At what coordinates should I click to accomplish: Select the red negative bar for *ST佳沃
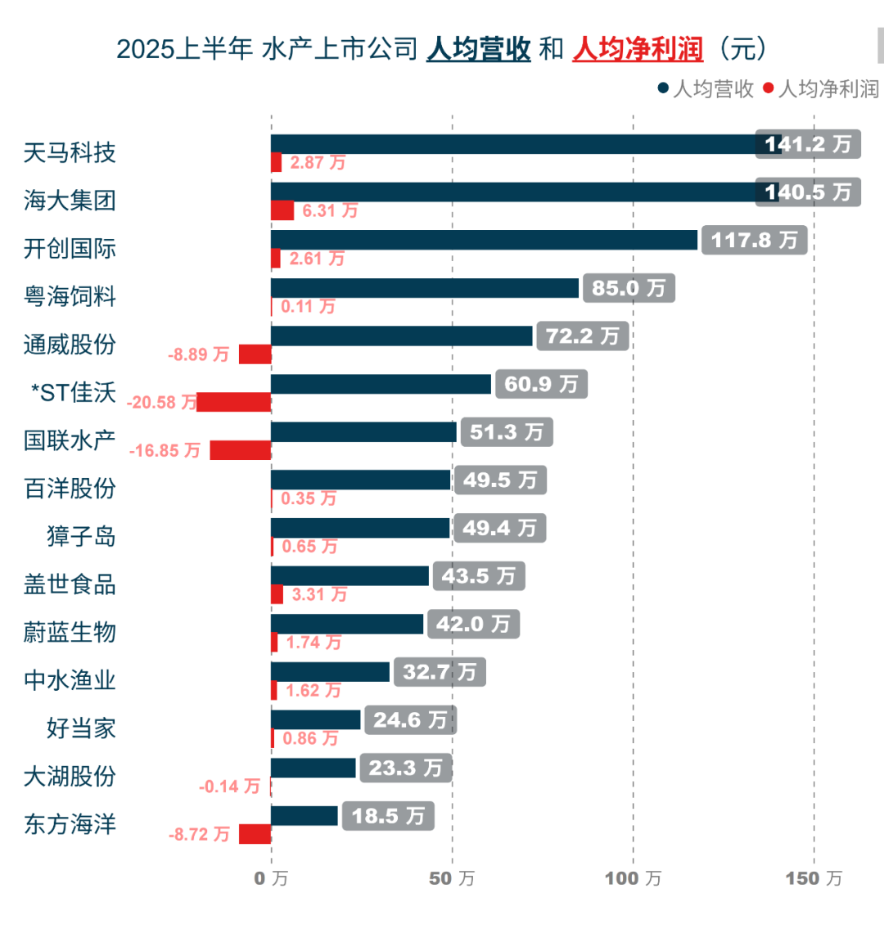pos(234,402)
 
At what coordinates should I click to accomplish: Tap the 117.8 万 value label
pos(754,240)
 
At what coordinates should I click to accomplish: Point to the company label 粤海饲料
pos(70,296)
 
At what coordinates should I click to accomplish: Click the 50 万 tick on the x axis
pos(452,878)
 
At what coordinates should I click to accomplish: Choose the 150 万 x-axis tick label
pos(814,878)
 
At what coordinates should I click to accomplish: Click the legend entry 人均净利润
pos(822,89)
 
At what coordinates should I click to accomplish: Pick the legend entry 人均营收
pos(706,89)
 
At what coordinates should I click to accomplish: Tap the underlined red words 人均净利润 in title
pos(638,49)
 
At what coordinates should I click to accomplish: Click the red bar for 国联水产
pos(241,450)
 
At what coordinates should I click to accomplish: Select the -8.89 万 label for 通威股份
pos(199,354)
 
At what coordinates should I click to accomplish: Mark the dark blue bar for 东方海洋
pos(304,815)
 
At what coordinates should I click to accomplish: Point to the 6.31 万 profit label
pos(330,210)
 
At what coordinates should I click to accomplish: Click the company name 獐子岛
pos(81,536)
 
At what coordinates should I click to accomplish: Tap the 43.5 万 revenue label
pos(479,576)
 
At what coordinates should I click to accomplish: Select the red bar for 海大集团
pos(282,210)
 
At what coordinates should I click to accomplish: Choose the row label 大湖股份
pos(70,776)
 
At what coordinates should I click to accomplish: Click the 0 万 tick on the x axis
pos(271,878)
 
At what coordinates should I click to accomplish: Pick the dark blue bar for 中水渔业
pos(331,672)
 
